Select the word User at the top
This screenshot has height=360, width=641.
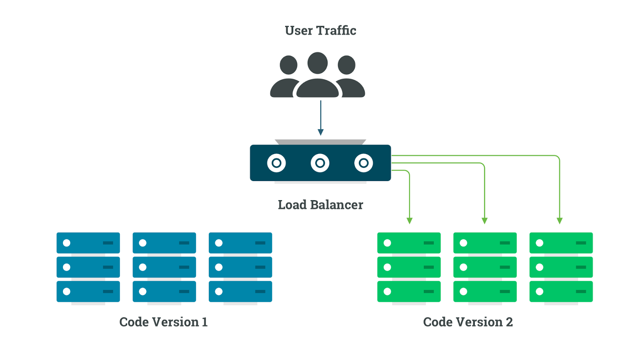(x=298, y=30)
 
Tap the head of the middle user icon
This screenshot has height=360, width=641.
(x=317, y=63)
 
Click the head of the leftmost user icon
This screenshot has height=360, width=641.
(x=288, y=65)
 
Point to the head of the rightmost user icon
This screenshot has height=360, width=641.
(x=347, y=65)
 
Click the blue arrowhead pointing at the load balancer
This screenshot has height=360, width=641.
(x=320, y=132)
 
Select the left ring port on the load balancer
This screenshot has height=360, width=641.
(x=276, y=163)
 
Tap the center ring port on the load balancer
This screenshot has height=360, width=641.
(x=320, y=163)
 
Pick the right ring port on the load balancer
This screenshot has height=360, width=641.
(x=363, y=163)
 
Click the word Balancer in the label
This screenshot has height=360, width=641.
(x=337, y=205)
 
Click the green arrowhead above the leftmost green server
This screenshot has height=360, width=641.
(x=409, y=221)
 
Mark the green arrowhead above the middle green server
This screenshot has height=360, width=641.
(x=484, y=221)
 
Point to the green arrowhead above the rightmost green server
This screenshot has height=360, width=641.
(x=560, y=221)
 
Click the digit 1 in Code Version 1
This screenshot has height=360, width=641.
(x=205, y=322)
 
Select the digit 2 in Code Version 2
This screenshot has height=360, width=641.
(x=509, y=322)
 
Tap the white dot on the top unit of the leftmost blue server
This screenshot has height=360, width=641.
(x=67, y=243)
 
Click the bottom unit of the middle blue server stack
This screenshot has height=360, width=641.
(x=164, y=291)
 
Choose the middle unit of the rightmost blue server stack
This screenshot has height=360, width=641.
(x=240, y=267)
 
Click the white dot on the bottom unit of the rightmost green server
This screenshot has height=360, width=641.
(x=540, y=292)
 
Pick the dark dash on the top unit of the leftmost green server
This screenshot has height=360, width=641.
(x=429, y=243)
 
